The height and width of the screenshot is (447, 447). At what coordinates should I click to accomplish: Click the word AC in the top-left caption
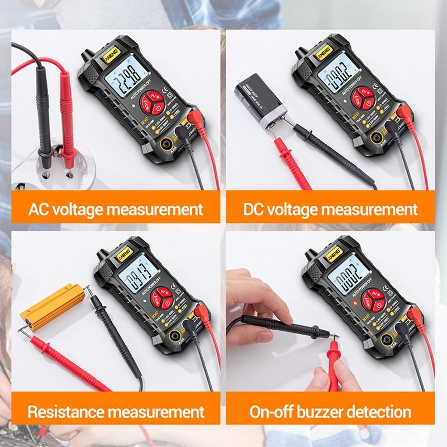point(40,210)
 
